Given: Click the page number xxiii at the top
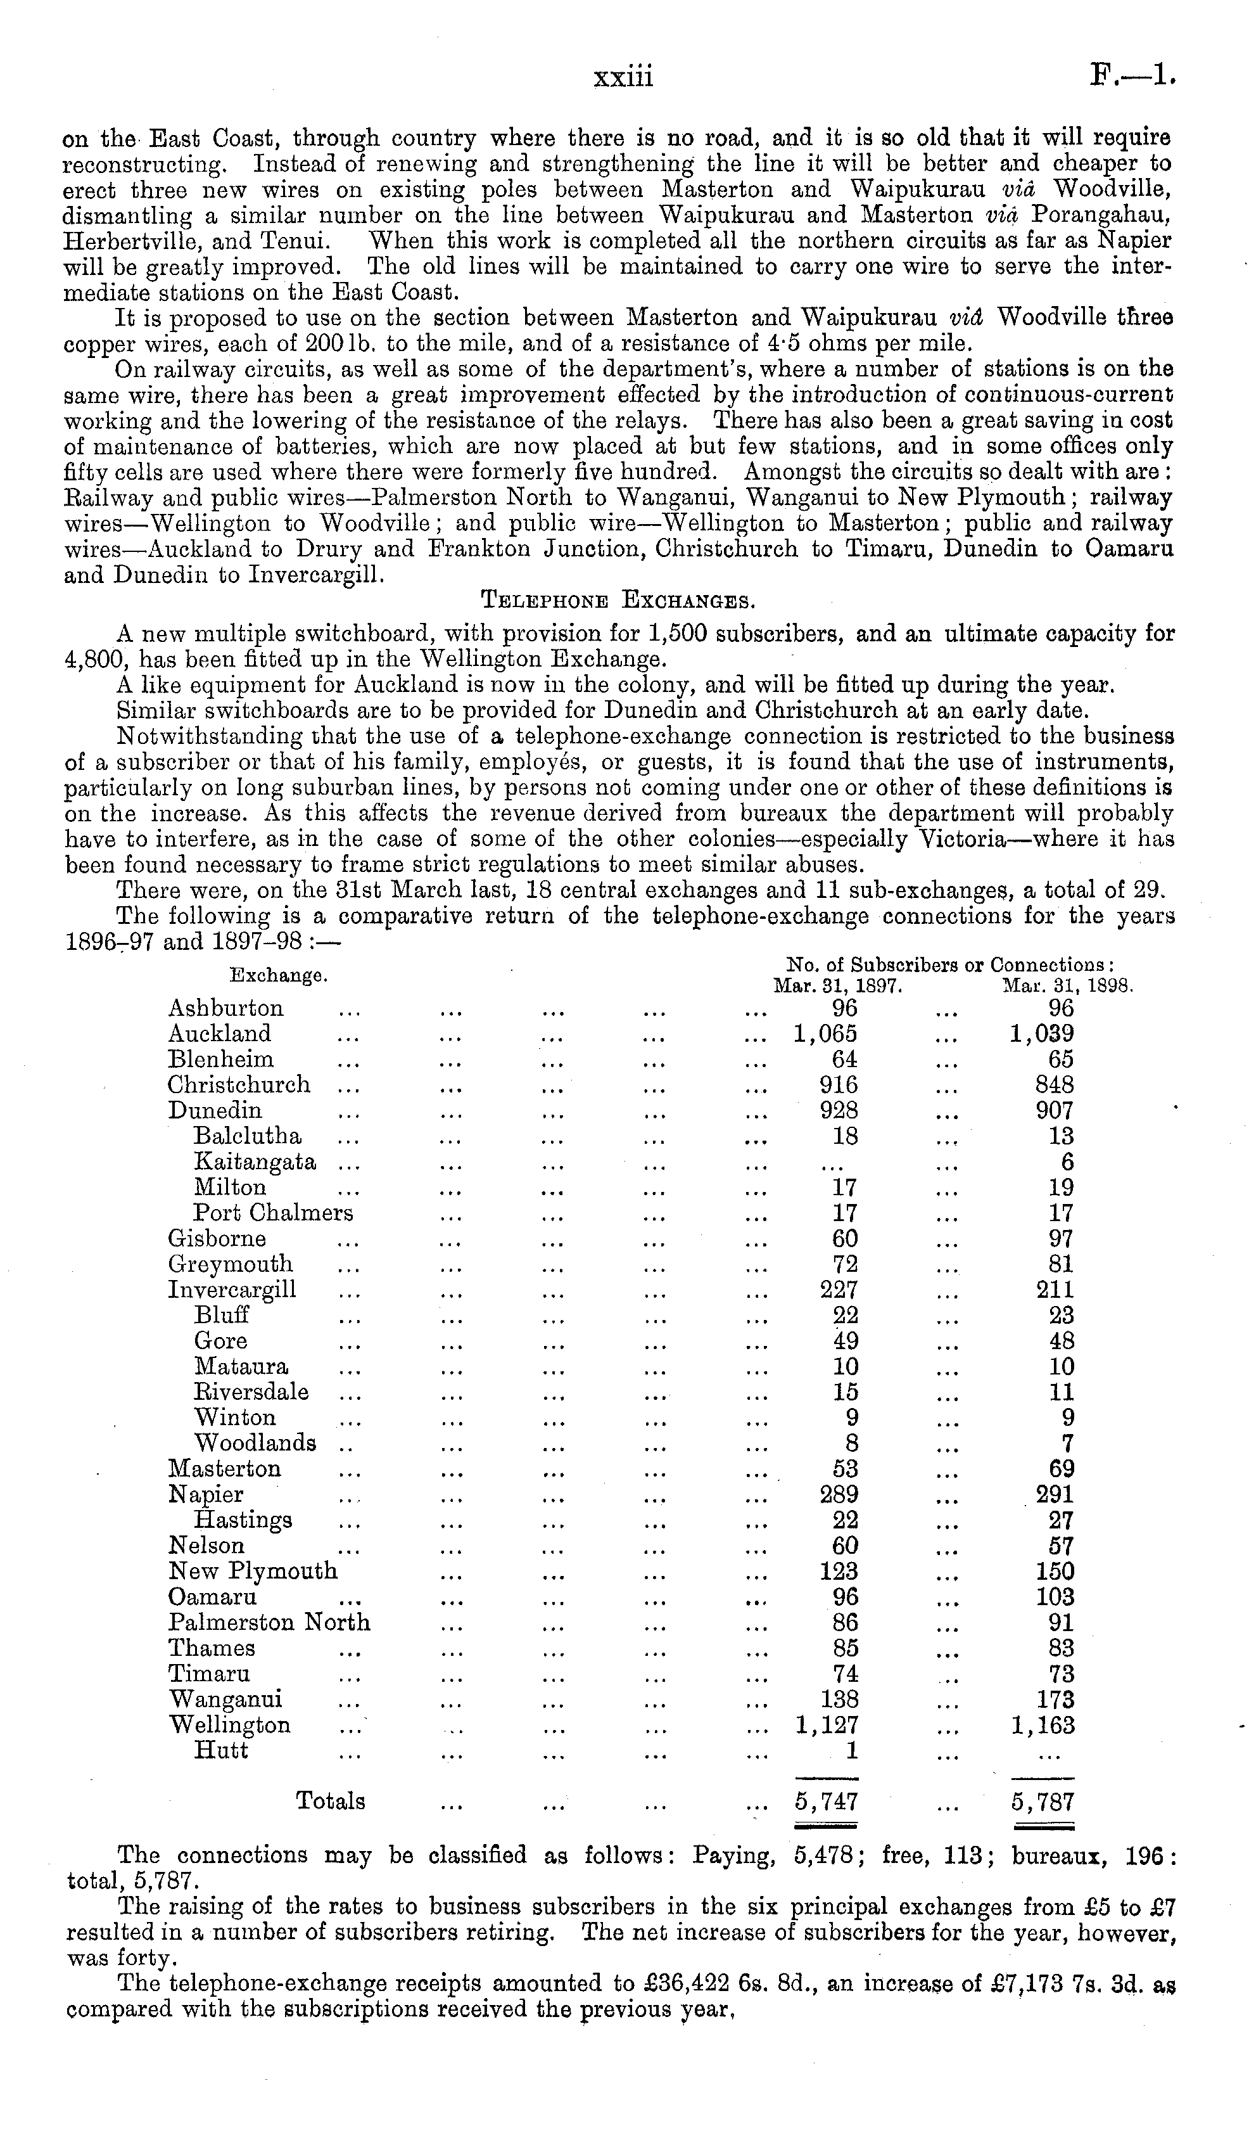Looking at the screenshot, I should tap(624, 78).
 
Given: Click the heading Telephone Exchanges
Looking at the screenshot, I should tap(618, 602).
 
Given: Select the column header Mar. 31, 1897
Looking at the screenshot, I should tap(838, 986).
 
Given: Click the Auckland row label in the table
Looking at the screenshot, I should tap(219, 1034).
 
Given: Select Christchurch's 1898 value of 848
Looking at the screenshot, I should tap(1055, 1085).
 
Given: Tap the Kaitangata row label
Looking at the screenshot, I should tap(255, 1162).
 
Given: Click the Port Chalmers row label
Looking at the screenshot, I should tap(272, 1213).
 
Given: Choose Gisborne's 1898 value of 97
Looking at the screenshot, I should tap(1061, 1239).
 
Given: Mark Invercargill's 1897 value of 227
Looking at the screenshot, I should tap(839, 1290).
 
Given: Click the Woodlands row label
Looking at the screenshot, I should tap(255, 1443).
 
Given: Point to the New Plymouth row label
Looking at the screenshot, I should tap(252, 1572).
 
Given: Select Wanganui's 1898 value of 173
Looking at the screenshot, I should tap(1055, 1700).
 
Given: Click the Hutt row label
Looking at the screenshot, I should tap(221, 1750).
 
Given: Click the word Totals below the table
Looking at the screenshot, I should tap(330, 1801).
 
